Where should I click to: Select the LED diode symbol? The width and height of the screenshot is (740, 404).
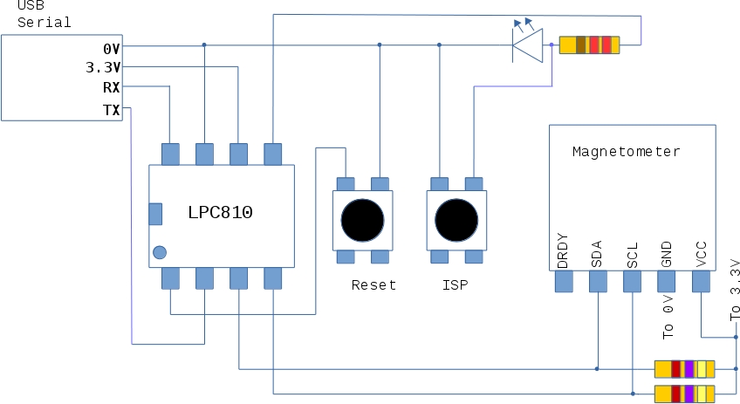pyautogui.click(x=528, y=44)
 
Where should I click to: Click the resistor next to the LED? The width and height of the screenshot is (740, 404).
pyautogui.click(x=589, y=45)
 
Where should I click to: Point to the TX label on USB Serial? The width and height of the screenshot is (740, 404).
pyautogui.click(x=111, y=109)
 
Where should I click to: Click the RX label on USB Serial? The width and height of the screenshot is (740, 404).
pyautogui.click(x=111, y=87)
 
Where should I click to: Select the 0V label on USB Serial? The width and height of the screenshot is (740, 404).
pyautogui.click(x=111, y=48)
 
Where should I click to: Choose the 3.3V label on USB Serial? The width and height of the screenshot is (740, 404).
pyautogui.click(x=103, y=67)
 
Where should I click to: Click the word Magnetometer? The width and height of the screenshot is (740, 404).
pyautogui.click(x=626, y=151)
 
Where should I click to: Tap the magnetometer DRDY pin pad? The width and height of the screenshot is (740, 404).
pyautogui.click(x=563, y=281)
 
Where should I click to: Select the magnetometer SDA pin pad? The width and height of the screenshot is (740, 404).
pyautogui.click(x=598, y=281)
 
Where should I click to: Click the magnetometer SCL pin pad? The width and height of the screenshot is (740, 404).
pyautogui.click(x=632, y=281)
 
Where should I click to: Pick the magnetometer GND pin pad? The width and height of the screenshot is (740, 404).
pyautogui.click(x=667, y=281)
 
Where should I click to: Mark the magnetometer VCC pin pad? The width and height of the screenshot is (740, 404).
pyautogui.click(x=701, y=281)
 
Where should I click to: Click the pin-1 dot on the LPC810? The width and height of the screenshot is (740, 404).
pyautogui.click(x=159, y=253)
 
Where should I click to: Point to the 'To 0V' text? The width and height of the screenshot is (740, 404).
pyautogui.click(x=668, y=318)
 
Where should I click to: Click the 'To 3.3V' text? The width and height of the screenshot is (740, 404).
pyautogui.click(x=734, y=290)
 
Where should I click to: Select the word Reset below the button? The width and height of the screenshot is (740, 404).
pyautogui.click(x=373, y=284)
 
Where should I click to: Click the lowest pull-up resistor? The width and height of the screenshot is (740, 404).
pyautogui.click(x=685, y=393)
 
